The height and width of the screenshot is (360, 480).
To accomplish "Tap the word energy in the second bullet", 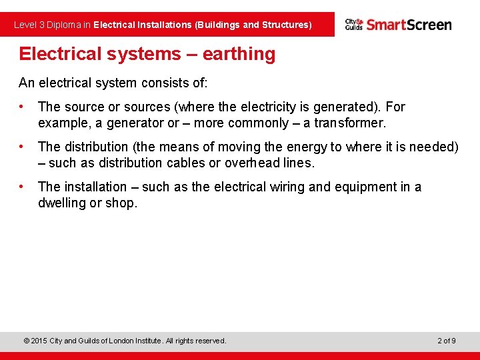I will pos(271,147).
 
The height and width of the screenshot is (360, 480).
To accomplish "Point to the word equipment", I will pos(365,187).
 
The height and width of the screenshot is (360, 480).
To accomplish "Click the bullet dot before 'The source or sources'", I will pos(23,107).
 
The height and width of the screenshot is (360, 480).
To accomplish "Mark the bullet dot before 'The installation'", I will pos(23,187).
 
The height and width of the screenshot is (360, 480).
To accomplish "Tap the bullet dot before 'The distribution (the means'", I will pos(23,147).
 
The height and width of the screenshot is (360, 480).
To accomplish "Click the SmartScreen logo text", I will pos(409,25).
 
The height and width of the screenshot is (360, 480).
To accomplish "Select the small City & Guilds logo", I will pos(353,25).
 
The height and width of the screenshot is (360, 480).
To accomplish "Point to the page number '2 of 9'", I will pos(446,341).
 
